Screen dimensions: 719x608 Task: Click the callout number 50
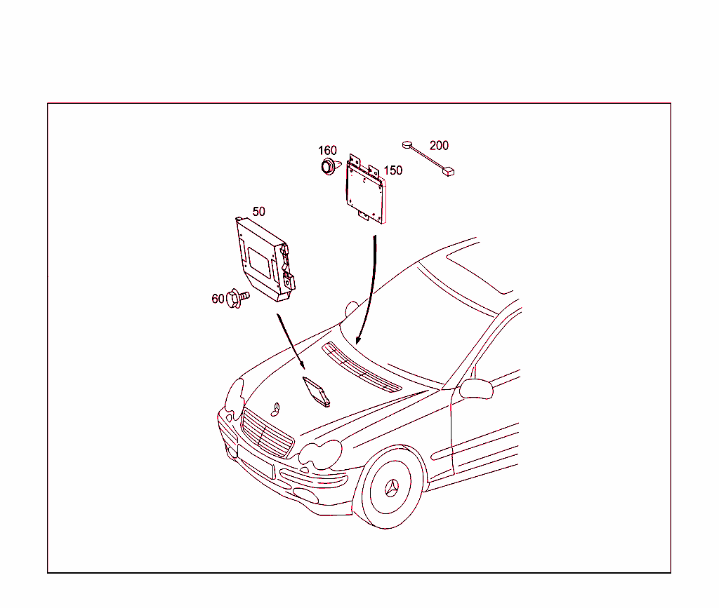258,212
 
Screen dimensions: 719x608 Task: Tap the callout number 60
218,299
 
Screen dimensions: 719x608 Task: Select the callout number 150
393,170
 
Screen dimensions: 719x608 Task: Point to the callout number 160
327,150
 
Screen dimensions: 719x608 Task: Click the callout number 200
439,146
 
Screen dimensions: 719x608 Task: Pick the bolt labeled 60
238,299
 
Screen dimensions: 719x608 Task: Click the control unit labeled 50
265,259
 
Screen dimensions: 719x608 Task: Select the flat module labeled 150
366,189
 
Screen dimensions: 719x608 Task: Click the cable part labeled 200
428,158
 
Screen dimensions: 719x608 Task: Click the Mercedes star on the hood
275,409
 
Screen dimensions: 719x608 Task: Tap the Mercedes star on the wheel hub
391,488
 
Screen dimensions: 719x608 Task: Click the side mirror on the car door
477,389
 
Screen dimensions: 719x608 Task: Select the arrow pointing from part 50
291,341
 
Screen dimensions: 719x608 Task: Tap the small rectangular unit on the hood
317,391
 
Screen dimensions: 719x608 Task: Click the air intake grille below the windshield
362,367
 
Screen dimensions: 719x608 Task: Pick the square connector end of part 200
448,172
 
